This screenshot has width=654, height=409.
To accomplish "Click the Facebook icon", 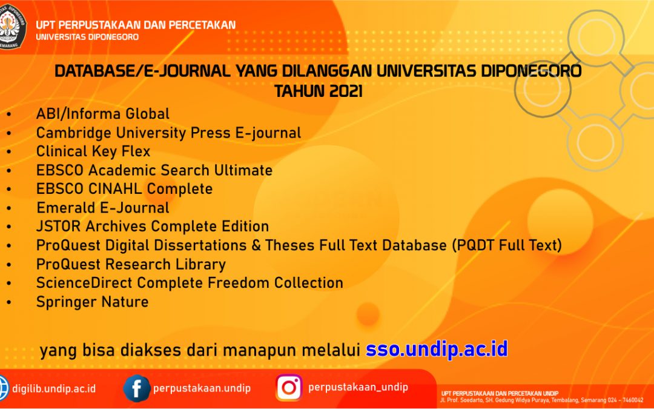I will [137, 388].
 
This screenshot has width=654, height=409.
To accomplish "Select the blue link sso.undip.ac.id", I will [436, 350].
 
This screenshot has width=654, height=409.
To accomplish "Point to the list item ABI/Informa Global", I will [103, 114].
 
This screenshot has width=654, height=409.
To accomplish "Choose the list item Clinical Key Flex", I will [93, 151].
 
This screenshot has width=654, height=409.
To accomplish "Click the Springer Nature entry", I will [92, 302].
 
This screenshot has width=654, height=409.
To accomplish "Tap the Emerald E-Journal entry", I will [103, 208].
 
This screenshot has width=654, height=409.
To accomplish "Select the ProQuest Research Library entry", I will [131, 264].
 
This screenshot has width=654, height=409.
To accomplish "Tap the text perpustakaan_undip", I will [358, 387].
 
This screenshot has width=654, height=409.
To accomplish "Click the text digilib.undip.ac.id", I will [54, 388].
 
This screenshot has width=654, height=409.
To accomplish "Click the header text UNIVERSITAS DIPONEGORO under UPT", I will [87, 37].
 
